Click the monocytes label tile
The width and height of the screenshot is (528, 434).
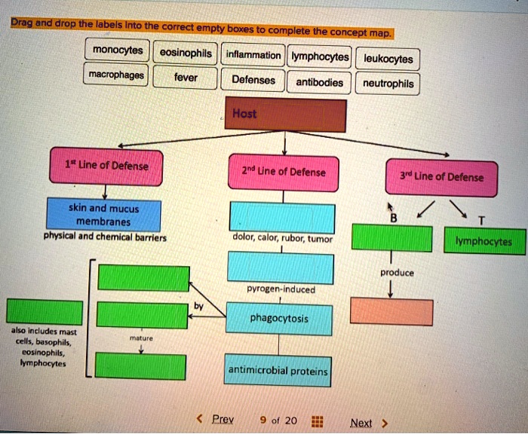pyautogui.click(x=118, y=52)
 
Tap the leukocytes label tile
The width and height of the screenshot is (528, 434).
pyautogui.click(x=388, y=59)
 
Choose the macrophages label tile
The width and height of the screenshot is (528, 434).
pyautogui.click(x=117, y=76)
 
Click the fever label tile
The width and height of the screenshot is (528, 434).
pyautogui.click(x=186, y=78)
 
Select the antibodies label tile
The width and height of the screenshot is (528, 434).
pyautogui.click(x=319, y=82)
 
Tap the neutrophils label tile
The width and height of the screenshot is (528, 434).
pyautogui.click(x=388, y=84)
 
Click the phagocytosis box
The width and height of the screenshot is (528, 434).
pyautogui.click(x=278, y=319)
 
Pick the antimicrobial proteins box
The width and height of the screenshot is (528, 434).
pyautogui.click(x=278, y=371)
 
